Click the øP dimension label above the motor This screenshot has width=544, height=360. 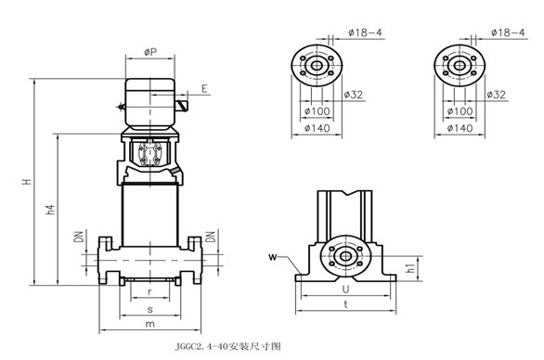pos(150,52)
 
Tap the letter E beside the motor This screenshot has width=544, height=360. pos(204,89)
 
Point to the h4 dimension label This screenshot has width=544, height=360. pos(50,210)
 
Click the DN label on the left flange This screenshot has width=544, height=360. pos(80,237)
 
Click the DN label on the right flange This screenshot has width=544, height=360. pos(210,237)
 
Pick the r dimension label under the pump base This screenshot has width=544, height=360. pos(149,291)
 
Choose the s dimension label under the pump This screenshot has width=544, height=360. pos(149,309)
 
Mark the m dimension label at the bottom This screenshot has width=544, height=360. pos(149,324)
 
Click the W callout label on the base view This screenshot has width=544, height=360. pos(273,257)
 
